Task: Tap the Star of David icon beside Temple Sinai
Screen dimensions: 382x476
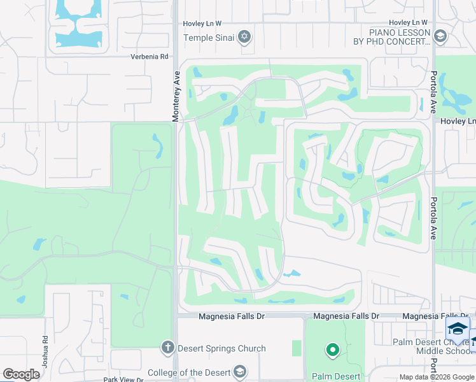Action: (x=242, y=38)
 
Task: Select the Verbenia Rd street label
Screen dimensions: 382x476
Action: (x=150, y=57)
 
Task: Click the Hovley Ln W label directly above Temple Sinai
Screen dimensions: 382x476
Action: (x=202, y=24)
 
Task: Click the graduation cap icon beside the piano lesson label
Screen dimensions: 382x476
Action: (x=440, y=37)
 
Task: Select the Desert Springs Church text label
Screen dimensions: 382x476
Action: (x=222, y=348)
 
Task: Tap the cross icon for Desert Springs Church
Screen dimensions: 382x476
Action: (x=167, y=348)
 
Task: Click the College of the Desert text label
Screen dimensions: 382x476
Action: (x=188, y=372)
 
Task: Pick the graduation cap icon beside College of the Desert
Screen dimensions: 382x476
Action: (x=239, y=371)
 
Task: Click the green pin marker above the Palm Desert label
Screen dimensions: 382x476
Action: (x=332, y=350)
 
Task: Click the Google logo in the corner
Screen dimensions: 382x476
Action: (x=21, y=374)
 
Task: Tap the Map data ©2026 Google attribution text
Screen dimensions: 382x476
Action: (x=436, y=377)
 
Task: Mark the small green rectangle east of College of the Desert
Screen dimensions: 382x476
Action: (x=297, y=348)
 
